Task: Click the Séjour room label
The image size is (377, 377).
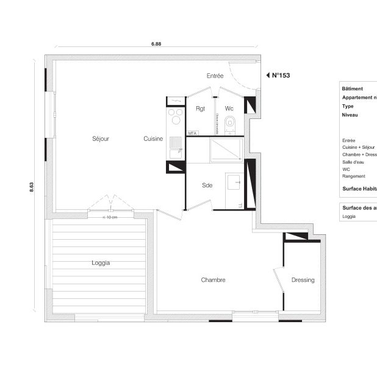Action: [x=101, y=139]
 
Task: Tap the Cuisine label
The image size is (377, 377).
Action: [x=153, y=139]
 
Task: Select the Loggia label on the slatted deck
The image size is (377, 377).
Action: [x=101, y=263]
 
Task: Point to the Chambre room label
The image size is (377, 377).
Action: [x=214, y=280]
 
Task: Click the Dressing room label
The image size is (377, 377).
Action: [x=303, y=280]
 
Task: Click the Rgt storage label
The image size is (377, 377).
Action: [x=200, y=109]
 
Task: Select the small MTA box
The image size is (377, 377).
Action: [x=192, y=132]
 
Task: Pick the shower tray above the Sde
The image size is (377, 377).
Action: [x=226, y=149]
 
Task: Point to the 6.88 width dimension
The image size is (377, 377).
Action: [x=157, y=44]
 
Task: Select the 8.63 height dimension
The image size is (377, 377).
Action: [x=32, y=188]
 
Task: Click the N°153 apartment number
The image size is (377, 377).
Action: [x=281, y=76]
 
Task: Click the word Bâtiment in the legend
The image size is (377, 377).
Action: [x=353, y=89]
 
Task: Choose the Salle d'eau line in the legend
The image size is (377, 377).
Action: [x=353, y=162]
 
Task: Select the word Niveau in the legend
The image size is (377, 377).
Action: [x=350, y=115]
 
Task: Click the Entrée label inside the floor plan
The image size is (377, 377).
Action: [x=215, y=76]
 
